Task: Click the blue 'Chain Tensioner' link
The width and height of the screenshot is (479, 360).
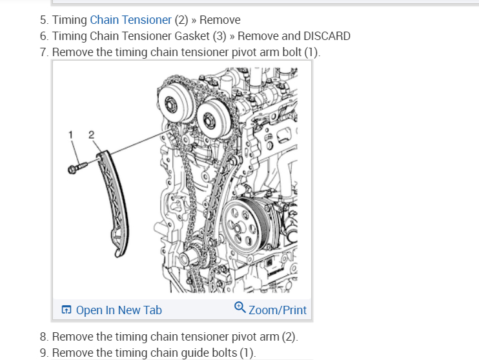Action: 130,20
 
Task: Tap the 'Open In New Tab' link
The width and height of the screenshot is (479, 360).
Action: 119,310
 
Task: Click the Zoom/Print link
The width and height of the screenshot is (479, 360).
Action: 277,310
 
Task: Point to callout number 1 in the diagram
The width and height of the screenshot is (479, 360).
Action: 70,135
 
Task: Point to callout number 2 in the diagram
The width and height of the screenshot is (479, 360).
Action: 91,135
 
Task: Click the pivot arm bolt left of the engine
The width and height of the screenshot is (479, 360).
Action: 75,168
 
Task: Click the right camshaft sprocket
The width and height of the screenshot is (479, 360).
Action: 211,119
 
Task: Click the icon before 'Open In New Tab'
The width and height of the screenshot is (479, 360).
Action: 66,310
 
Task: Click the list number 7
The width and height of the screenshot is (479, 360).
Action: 43,52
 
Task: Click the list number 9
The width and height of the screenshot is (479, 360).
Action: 43,352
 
